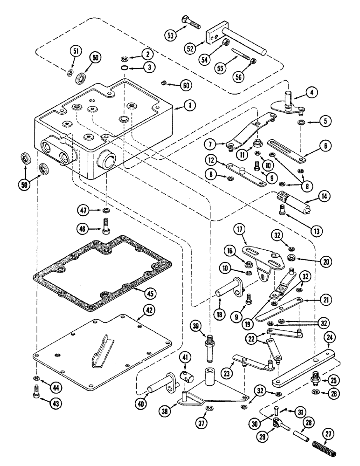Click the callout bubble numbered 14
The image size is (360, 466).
coord(324,197)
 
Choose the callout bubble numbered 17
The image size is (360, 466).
coord(240,229)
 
